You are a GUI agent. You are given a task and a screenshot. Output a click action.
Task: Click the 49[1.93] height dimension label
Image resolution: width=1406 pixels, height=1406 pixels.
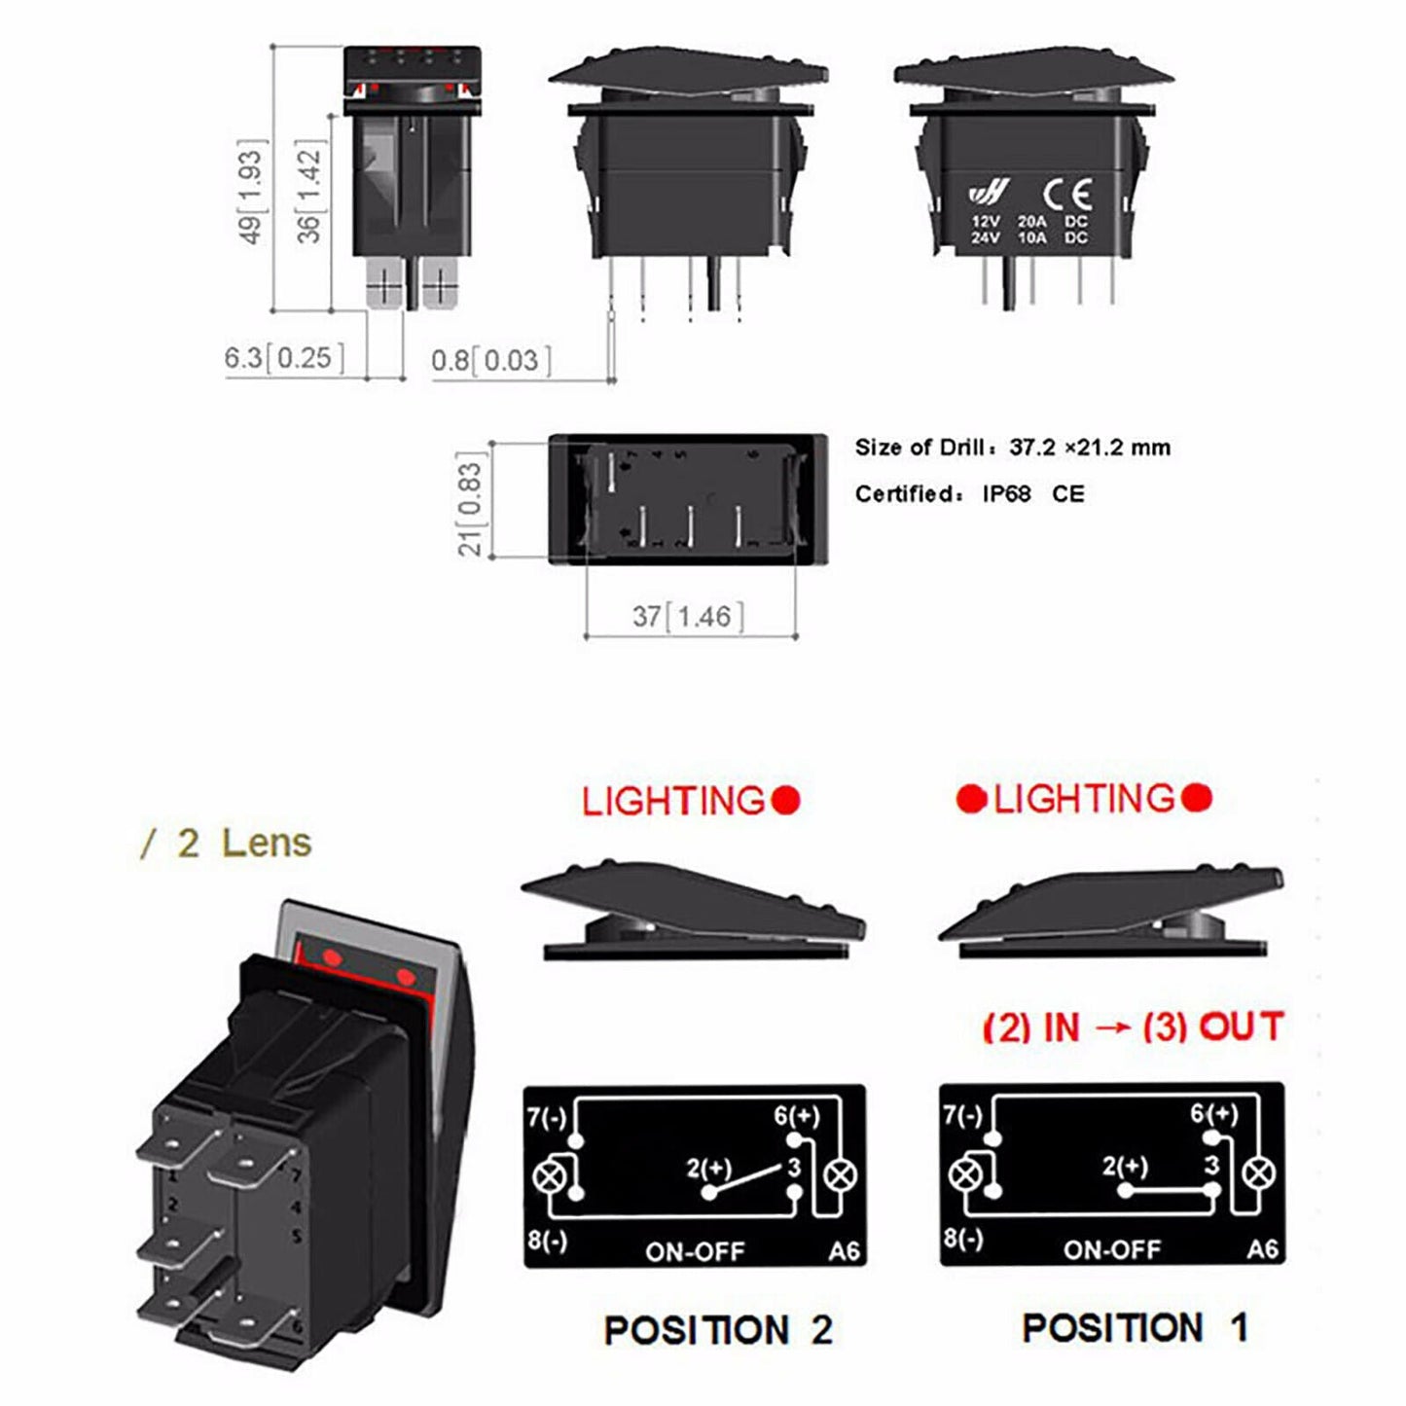pos(251,197)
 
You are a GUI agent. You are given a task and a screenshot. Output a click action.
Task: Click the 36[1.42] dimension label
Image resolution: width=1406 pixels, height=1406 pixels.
pos(308,193)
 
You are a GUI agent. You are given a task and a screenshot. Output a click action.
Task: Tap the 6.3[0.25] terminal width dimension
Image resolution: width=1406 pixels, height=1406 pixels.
pos(284,358)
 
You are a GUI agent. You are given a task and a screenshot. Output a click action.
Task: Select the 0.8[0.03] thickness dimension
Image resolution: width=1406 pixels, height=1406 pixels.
pos(490,361)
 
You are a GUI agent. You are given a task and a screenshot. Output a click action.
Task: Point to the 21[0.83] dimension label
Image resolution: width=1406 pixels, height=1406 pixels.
pos(470,504)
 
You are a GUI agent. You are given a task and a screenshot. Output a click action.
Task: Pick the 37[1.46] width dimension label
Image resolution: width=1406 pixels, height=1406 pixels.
pos(688,617)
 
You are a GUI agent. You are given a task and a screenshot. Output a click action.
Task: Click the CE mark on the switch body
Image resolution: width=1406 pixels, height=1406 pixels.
pos(1066,194)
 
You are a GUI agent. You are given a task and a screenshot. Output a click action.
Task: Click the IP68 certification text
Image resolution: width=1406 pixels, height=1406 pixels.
pos(1005,494)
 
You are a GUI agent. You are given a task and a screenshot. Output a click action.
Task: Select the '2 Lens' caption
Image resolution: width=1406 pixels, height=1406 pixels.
pos(243,843)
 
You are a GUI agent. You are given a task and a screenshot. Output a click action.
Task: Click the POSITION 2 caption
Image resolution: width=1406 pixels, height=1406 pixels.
pos(718,1330)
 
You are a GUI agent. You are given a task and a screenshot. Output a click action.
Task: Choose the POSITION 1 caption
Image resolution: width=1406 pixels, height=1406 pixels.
pos(1135,1328)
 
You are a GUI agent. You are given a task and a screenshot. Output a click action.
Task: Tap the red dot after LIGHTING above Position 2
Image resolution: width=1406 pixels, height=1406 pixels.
pos(786,801)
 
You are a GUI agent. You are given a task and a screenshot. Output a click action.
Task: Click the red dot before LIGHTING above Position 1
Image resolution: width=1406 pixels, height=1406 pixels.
pos(971,799)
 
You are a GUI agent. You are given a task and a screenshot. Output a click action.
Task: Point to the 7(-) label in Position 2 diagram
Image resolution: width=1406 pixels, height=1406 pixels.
pos(546,1117)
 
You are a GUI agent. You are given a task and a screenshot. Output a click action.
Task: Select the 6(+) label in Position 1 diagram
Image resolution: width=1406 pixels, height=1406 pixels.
pos(1213,1113)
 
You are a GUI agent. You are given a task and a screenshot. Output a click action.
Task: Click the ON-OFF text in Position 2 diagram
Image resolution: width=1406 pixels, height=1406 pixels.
pos(695,1251)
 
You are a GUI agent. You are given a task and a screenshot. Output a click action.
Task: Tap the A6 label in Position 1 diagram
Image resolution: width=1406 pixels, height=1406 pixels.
pos(1262,1248)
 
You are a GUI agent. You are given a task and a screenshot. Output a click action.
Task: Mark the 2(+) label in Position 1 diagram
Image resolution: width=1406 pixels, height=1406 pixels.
pos(1125,1166)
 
